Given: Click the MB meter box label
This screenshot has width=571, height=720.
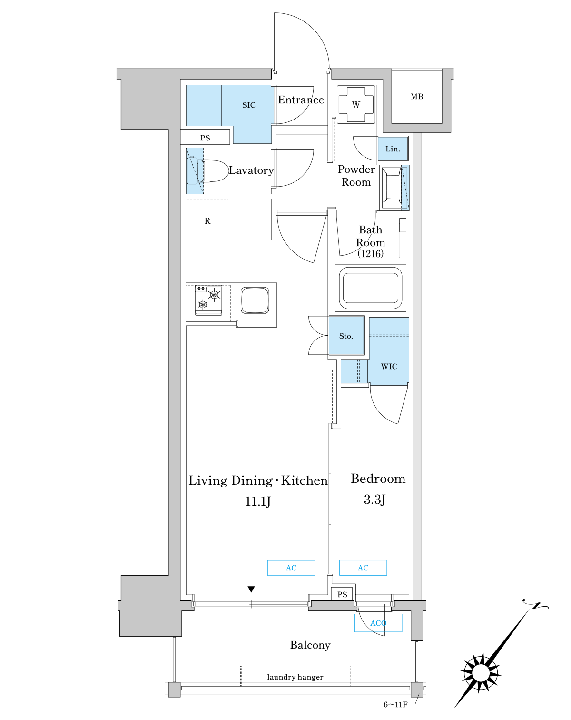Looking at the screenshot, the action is [416, 97].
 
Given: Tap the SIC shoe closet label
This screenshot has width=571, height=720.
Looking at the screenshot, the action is [249, 105].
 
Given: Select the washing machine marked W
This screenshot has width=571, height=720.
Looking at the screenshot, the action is [356, 104].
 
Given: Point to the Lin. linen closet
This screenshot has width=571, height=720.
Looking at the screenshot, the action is [393, 148].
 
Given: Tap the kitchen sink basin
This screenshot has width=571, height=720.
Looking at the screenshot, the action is [255, 300].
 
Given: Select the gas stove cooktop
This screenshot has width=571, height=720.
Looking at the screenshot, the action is [208, 300].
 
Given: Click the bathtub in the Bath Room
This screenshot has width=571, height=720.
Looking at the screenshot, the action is [370, 288].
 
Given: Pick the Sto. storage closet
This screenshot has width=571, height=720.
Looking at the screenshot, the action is [346, 335].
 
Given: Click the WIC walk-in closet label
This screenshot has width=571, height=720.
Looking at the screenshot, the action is [389, 366].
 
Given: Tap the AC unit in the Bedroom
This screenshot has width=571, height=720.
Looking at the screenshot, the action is [363, 568].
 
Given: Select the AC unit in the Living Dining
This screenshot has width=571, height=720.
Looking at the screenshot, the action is [291, 568].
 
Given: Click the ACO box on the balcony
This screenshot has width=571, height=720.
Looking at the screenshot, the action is [378, 623].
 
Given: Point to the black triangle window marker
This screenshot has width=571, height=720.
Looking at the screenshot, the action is [251, 589].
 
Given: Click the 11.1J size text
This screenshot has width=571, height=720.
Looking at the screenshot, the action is [258, 501].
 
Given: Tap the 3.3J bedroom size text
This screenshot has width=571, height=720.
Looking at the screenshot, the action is [375, 499].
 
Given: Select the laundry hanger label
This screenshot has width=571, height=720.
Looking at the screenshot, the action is [295, 677].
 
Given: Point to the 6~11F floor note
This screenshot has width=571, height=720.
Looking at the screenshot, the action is [395, 705].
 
